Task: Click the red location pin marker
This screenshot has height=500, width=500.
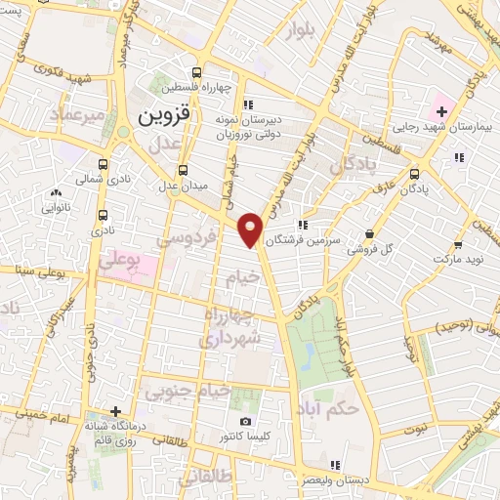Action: (252, 229)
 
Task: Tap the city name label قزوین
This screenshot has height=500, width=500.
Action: (160, 117)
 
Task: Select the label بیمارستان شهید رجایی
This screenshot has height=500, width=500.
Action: (437, 126)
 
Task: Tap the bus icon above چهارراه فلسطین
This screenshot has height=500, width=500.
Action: (198, 71)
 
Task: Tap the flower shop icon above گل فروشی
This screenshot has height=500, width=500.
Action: (369, 234)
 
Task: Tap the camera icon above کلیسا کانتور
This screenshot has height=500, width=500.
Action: (244, 421)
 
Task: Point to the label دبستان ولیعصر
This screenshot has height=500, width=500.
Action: (332, 479)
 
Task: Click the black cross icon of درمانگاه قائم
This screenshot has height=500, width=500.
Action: (115, 411)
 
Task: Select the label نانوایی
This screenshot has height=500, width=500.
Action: (54, 207)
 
